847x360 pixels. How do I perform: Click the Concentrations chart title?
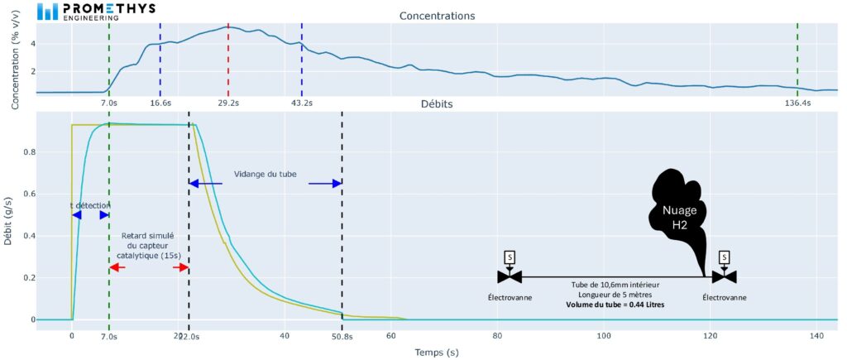(437, 16)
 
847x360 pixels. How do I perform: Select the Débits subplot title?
(436, 105)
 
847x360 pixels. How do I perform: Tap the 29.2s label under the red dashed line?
(229, 103)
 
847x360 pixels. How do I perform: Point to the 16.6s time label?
(160, 103)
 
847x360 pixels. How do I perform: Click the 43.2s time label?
(302, 103)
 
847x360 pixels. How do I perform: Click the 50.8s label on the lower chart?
(342, 336)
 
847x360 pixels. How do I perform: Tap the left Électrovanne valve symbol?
(510, 276)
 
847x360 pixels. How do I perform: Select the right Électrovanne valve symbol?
(725, 276)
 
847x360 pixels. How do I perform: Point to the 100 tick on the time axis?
(604, 336)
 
